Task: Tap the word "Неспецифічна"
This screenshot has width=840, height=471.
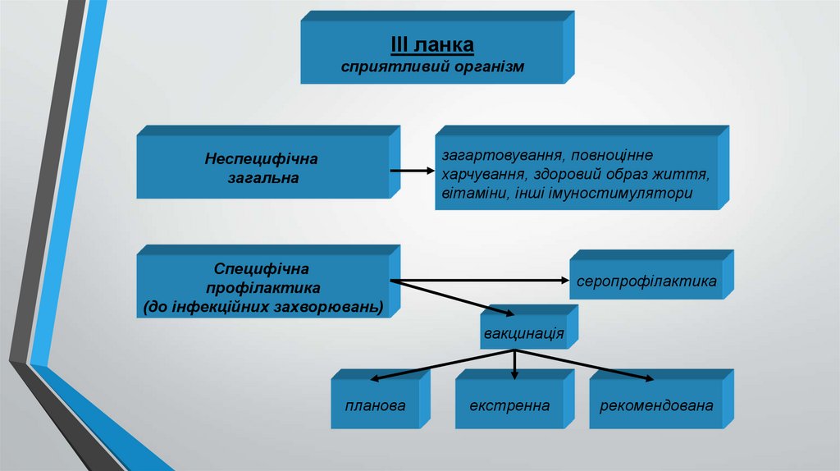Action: coord(261,157)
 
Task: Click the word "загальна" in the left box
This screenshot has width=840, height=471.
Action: coord(262,176)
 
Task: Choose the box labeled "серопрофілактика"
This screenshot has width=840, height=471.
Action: coord(646,281)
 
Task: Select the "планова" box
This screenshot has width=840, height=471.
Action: coord(376,405)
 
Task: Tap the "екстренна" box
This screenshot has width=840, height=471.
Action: coord(509,405)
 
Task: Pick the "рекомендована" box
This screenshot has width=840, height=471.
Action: coord(656,405)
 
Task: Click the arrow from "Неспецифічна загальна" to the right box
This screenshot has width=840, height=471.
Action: coord(410,171)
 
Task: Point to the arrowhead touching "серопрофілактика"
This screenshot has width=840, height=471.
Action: coord(564,281)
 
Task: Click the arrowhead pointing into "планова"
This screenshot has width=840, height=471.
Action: coord(373,380)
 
